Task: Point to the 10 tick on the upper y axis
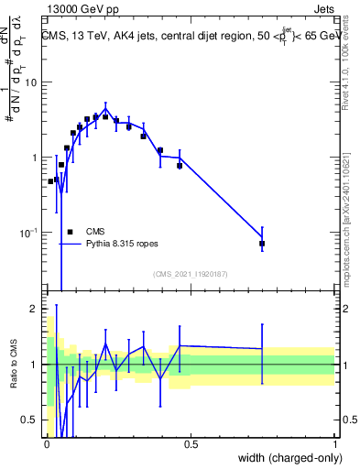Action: point(31,82)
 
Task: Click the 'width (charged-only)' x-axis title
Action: point(286,459)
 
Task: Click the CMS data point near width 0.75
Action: point(262,244)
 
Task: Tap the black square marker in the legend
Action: point(70,232)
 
